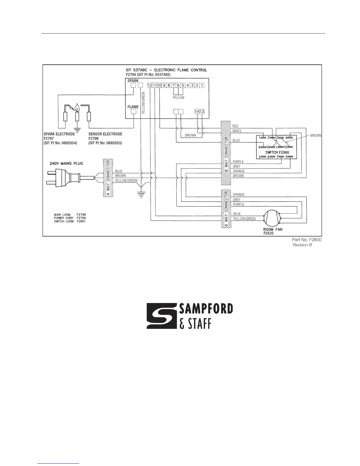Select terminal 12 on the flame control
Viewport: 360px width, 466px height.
pyautogui.click(x=150, y=85)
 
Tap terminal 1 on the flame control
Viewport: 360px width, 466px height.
pyautogui.click(x=202, y=85)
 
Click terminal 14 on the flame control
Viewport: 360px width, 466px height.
pyautogui.click(x=197, y=111)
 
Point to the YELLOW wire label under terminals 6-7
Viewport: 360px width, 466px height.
pyautogui.click(x=178, y=98)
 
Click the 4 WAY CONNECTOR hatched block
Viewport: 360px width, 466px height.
pyautogui.click(x=108, y=178)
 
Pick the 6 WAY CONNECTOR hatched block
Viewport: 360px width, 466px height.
pyautogui.click(x=226, y=209)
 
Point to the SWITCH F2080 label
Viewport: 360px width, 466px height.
pyautogui.click(x=277, y=152)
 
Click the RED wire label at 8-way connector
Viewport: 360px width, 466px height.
pyautogui.click(x=235, y=126)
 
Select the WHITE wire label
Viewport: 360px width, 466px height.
pyautogui.click(x=237, y=131)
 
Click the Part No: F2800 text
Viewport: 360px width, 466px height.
pyautogui.click(x=306, y=240)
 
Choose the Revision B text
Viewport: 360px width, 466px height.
pyautogui.click(x=302, y=245)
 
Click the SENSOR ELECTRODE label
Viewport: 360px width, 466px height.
pyautogui.click(x=105, y=134)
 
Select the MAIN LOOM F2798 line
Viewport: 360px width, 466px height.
pyautogui.click(x=70, y=214)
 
